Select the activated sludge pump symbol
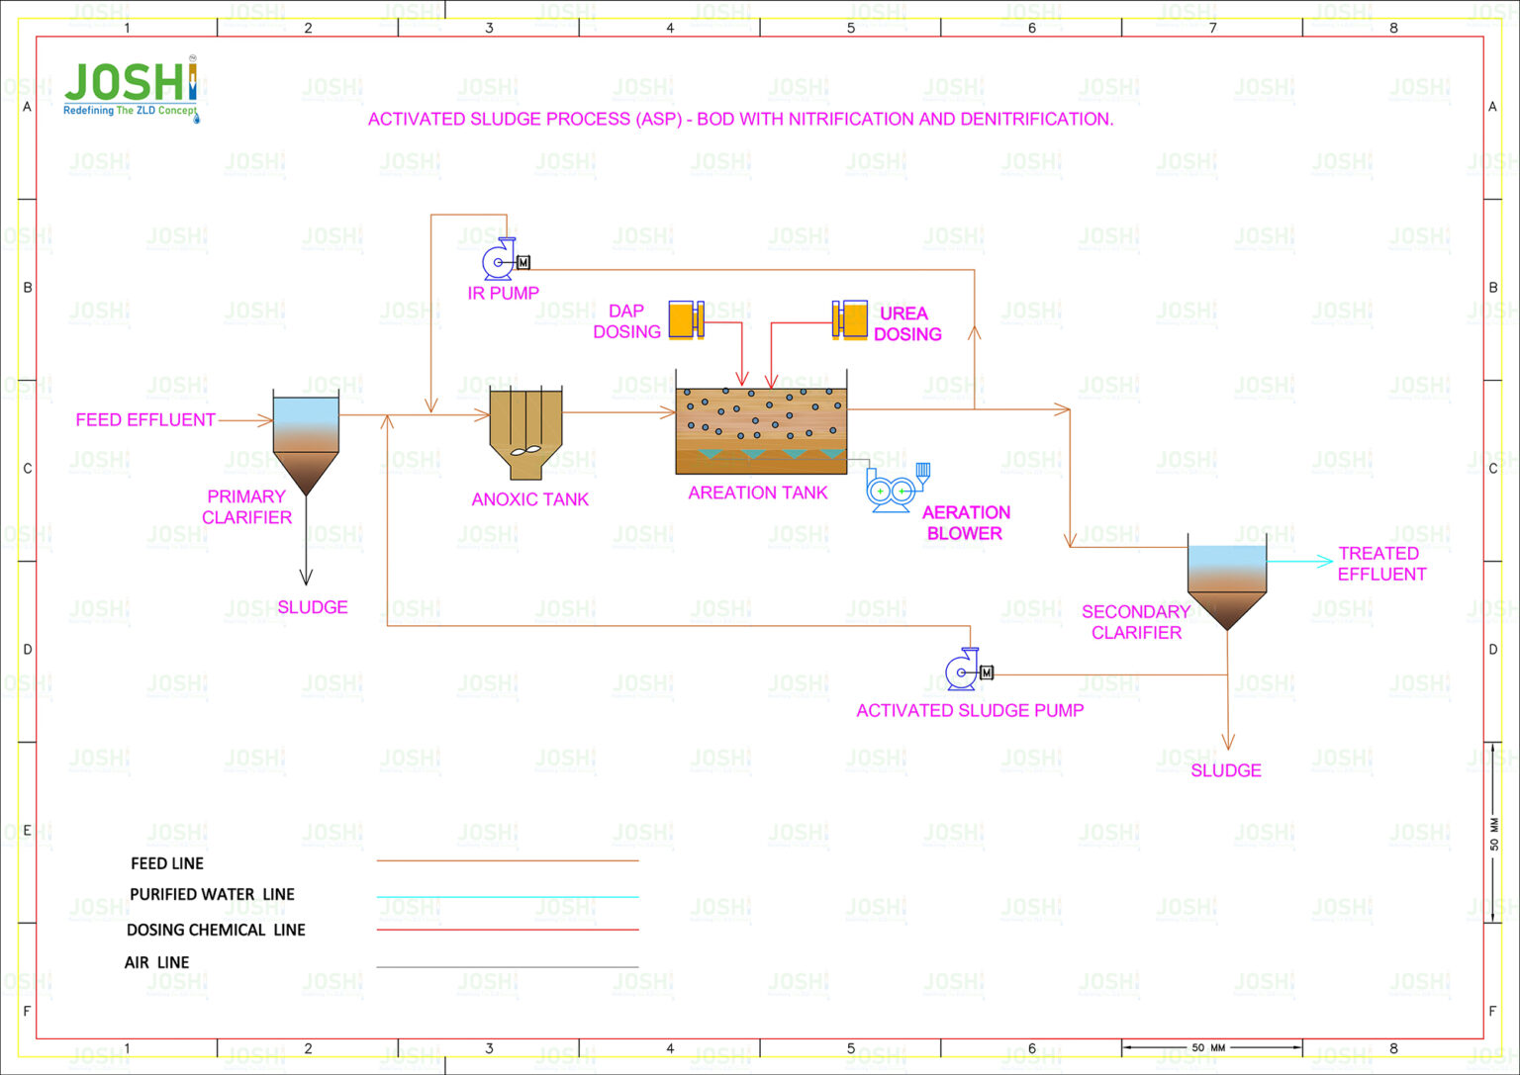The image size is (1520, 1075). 966,672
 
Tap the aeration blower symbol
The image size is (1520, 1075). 894,490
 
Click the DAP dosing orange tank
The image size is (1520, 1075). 684,319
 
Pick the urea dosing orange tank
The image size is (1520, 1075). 851,319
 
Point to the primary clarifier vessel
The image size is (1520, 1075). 306,440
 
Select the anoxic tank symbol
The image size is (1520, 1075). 525,433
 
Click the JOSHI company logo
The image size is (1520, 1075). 131,90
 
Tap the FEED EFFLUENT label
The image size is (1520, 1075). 145,420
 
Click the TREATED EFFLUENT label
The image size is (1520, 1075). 1381,564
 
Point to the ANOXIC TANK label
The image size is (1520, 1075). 530,500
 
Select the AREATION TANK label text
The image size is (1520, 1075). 758,493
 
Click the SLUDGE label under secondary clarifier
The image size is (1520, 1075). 1226,770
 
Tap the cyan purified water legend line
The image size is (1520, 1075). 508,897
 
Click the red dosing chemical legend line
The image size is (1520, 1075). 508,930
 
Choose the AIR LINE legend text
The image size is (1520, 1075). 156,962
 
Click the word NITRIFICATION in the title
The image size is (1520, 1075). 854,119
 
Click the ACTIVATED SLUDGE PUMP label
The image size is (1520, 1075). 970,710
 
